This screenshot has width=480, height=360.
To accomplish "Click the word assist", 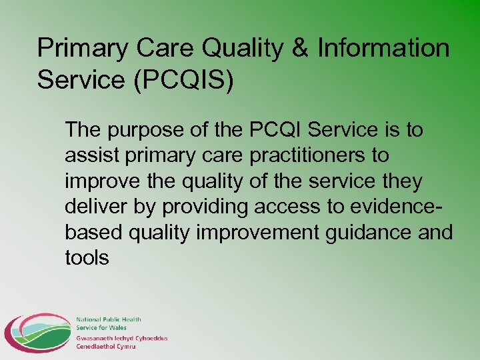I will click(x=89, y=155).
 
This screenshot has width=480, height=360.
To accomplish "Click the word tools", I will click(x=87, y=258).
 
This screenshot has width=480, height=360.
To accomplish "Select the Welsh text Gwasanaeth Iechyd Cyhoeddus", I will click(x=122, y=338).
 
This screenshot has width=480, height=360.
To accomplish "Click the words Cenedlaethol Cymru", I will click(x=106, y=346).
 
